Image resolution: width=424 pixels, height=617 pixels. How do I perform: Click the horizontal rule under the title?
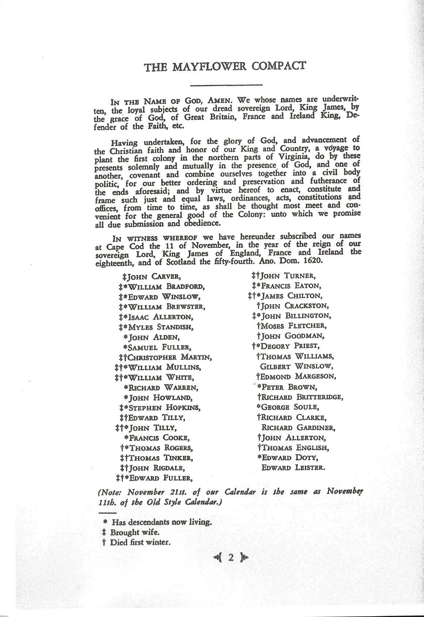227,86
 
